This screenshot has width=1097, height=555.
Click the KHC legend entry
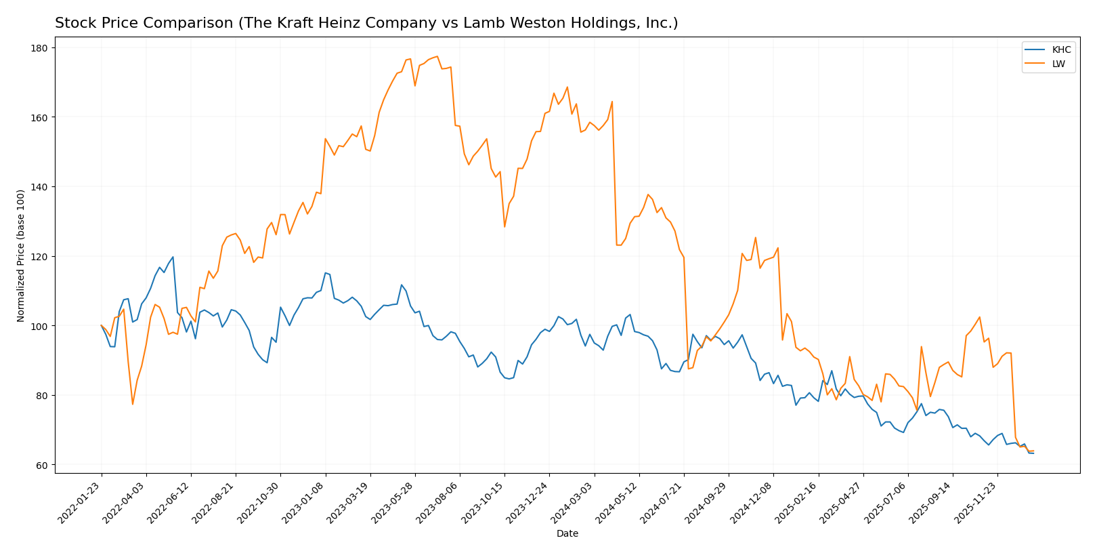click(1061, 49)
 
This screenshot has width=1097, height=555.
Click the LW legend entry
click(1058, 64)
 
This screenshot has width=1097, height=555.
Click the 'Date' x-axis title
click(567, 534)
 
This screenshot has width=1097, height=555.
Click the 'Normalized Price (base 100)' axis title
click(21, 255)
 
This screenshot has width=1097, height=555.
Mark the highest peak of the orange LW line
click(437, 56)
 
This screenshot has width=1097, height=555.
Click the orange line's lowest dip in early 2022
click(133, 405)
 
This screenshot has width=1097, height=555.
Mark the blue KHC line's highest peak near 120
click(173, 257)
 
